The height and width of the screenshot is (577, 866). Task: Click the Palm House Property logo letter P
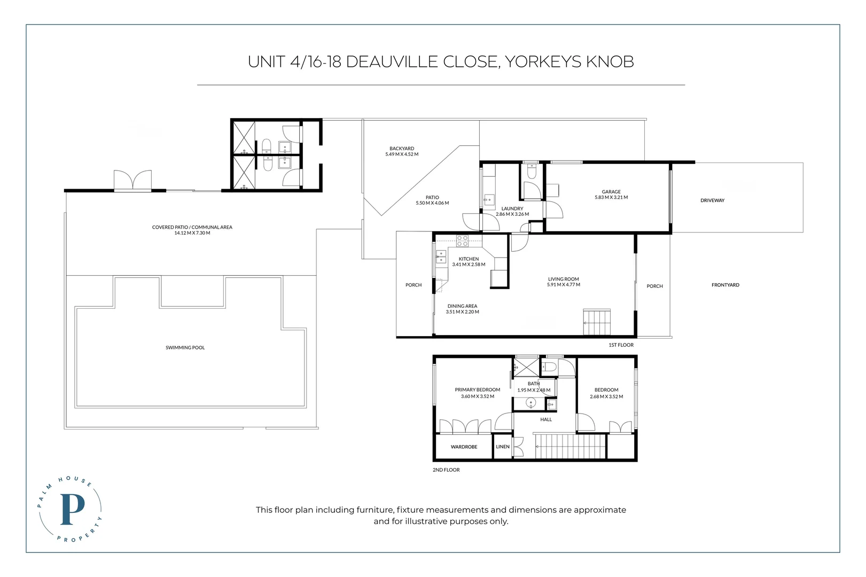pyautogui.click(x=72, y=509)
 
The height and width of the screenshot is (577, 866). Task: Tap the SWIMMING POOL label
pyautogui.click(x=185, y=348)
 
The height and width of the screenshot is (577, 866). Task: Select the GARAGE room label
pyautogui.click(x=611, y=191)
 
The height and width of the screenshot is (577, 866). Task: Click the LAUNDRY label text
pyautogui.click(x=512, y=208)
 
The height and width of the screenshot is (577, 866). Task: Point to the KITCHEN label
pyautogui.click(x=469, y=259)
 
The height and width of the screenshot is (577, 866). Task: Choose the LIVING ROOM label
pyautogui.click(x=563, y=279)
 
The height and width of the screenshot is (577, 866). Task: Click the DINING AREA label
pyautogui.click(x=462, y=306)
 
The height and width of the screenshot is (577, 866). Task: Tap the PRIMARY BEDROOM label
pyautogui.click(x=478, y=390)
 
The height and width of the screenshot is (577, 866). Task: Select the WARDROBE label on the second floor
pyautogui.click(x=464, y=447)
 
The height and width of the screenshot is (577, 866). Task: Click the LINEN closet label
pyautogui.click(x=503, y=447)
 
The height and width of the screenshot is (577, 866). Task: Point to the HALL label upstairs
pyautogui.click(x=546, y=419)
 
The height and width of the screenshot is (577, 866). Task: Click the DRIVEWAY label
pyautogui.click(x=713, y=200)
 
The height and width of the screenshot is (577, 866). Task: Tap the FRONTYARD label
pyautogui.click(x=725, y=285)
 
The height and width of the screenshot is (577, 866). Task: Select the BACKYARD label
pyautogui.click(x=402, y=149)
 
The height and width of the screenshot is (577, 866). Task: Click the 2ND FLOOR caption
pyautogui.click(x=446, y=470)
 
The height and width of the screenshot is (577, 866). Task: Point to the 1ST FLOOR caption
pyautogui.click(x=621, y=345)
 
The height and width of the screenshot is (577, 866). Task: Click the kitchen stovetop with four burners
pyautogui.click(x=462, y=241)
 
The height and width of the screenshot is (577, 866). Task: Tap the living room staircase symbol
pyautogui.click(x=597, y=322)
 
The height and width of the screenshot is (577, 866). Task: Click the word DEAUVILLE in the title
pyautogui.click(x=422, y=62)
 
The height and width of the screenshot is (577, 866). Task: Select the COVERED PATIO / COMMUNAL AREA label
pyautogui.click(x=192, y=227)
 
